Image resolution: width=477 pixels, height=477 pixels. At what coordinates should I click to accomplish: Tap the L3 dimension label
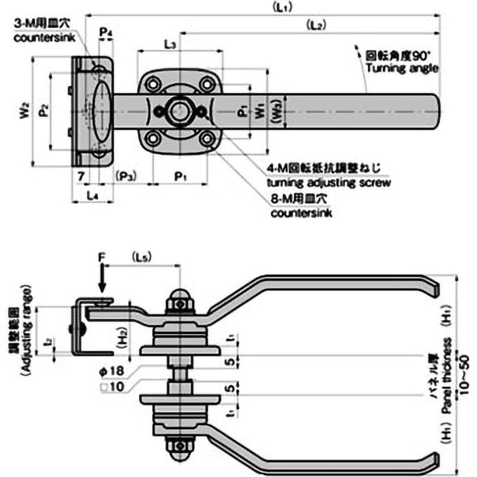click(169, 44)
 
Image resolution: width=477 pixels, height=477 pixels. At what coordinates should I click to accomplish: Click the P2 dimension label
click(41, 111)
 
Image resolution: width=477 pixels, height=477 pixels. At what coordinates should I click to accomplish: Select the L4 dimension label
click(92, 194)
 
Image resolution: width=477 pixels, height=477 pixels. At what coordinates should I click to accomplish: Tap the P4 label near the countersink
click(106, 30)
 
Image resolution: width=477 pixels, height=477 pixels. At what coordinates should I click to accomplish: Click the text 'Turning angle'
click(402, 69)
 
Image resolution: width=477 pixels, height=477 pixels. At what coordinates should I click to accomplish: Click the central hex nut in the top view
click(179, 111)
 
